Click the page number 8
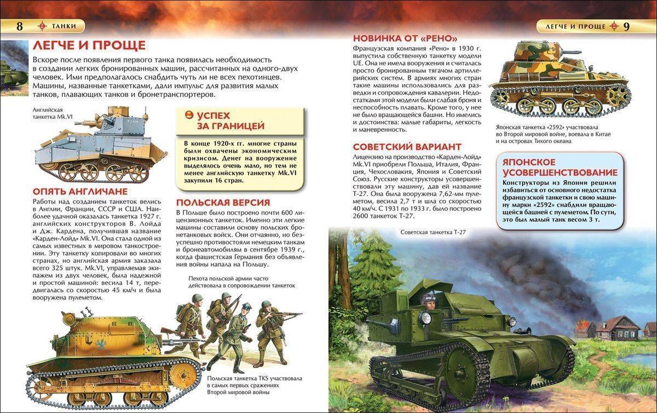coord(20,26)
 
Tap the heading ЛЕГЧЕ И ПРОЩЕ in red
coord(89,45)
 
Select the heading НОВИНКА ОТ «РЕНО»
coord(405,38)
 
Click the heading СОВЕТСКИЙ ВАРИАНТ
coord(407,147)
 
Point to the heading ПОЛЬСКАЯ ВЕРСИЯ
coord(223,202)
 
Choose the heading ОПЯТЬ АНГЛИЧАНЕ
coord(80,191)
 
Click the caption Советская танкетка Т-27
coord(433,233)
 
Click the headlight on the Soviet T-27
coord(425,317)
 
